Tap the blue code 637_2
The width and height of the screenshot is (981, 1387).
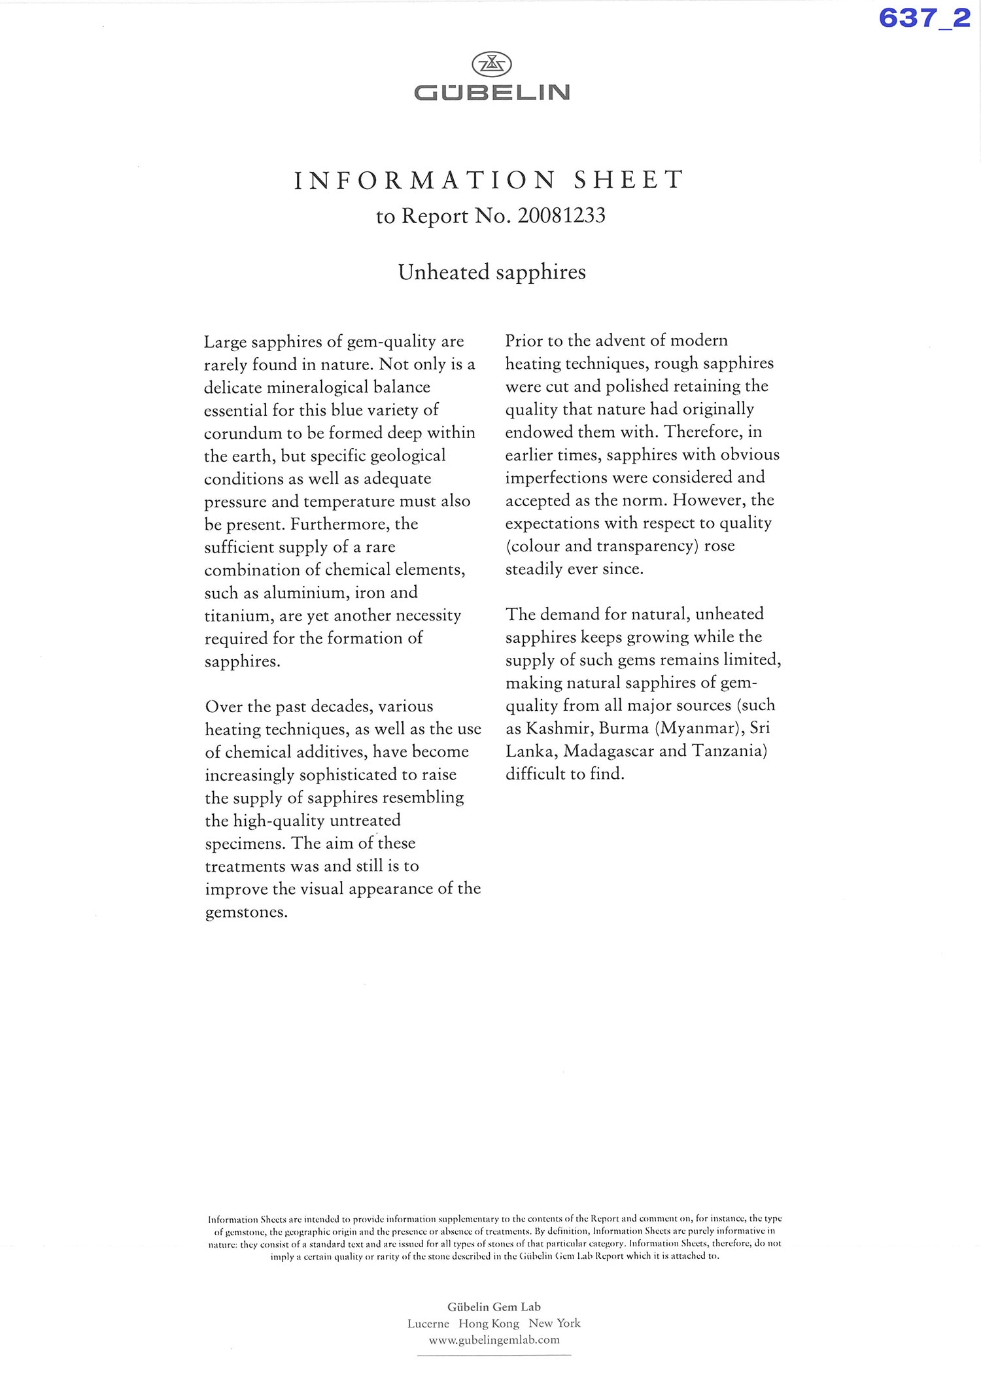pos(924,18)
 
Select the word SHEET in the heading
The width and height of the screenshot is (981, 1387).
pos(629,180)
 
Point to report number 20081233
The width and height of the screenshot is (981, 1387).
pos(561,216)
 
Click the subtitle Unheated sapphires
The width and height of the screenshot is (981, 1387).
pos(492,272)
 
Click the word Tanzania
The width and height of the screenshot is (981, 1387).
pos(729,751)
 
